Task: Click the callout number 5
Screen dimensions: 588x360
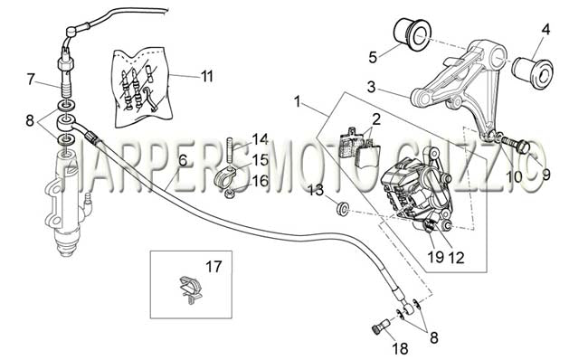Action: coord(373,57)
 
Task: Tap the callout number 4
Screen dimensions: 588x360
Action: coord(545,29)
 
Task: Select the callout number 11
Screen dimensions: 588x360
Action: coord(207,77)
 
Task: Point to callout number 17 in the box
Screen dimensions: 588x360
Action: coord(213,267)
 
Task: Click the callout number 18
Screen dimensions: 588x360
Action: coord(400,349)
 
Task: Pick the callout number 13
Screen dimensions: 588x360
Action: coord(316,190)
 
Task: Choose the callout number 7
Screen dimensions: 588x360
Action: coord(31,79)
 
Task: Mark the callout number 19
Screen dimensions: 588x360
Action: coord(436,257)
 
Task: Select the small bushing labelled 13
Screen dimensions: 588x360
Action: coord(342,208)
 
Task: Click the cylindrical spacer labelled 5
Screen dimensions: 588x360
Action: coord(412,34)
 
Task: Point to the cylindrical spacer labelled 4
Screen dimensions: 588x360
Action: coord(533,72)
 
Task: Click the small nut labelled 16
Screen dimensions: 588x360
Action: coord(229,194)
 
